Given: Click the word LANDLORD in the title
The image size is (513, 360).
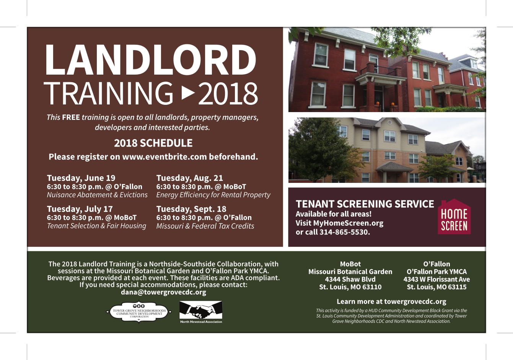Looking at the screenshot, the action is point(150,60).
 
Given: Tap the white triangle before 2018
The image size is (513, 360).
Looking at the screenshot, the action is point(188,93).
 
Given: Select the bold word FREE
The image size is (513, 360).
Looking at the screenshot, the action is point(71,117).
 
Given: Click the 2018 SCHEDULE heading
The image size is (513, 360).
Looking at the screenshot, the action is point(153,143).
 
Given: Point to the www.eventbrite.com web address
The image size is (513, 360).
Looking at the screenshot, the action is point(164,156).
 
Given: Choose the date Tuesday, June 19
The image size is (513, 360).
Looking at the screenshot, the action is point(81,178).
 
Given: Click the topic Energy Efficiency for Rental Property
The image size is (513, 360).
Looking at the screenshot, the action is point(213,195).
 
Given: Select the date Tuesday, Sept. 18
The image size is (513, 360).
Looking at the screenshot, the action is point(191,209).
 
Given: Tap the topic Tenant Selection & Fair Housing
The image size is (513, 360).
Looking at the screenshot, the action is point(96,226).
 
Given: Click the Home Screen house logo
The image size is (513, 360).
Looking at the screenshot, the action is point(454,217).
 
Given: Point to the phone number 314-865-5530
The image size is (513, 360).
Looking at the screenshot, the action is point(344,232).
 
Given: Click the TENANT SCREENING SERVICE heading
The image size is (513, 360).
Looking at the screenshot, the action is point(365,204).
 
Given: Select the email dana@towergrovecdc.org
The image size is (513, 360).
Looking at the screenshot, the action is point(163,292).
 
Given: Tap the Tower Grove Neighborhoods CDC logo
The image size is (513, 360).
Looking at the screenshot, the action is point(139,312).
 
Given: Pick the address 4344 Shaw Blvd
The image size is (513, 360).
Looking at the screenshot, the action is point(350,279).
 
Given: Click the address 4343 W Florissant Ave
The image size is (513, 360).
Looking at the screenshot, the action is point(436,279).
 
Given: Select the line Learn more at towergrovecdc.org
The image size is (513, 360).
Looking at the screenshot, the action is point(391,301).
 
